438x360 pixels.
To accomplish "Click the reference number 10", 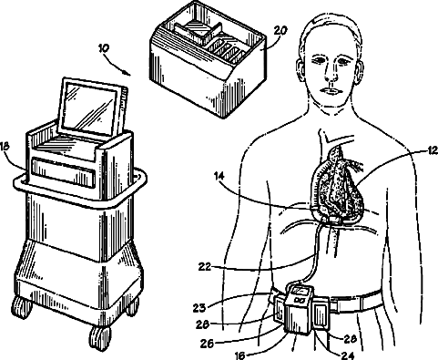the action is tap(104, 48).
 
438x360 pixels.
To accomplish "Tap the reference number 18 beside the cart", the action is tap(5, 146).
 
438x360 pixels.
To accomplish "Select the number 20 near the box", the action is tap(280, 31).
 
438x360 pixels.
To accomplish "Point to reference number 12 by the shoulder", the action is tap(432, 150).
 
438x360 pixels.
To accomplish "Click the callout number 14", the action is tap(219, 176).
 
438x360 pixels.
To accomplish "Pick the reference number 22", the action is tap(205, 267).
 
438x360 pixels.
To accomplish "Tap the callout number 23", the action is tap(199, 308).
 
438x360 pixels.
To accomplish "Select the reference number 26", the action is tap(207, 344).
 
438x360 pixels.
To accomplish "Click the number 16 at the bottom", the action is tap(240, 355).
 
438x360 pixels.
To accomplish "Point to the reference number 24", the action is tap(348, 355).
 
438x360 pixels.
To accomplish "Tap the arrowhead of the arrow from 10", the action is tap(127, 73).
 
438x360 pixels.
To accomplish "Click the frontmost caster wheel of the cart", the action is tap(99, 338).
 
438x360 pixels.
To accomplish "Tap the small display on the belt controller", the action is tap(300, 292).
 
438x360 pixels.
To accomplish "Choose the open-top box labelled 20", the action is tap(209, 59).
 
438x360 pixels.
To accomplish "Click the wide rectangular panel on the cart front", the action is tap(63, 172).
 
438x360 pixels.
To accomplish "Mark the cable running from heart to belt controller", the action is tap(314, 253).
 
